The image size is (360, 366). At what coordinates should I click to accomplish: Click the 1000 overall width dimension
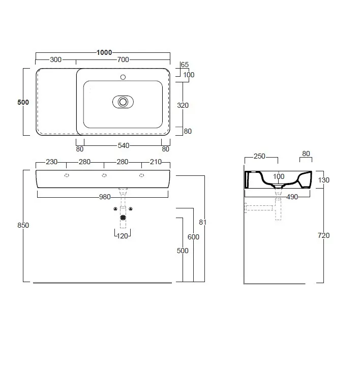tap(104, 52)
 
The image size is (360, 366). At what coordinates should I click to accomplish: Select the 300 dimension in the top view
tap(55, 60)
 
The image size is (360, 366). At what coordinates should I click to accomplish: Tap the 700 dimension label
tap(123, 60)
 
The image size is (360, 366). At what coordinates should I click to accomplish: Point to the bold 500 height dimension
tap(23, 102)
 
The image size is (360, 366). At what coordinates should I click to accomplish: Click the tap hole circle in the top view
tap(123, 77)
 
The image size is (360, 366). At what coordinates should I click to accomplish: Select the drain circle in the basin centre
tap(123, 102)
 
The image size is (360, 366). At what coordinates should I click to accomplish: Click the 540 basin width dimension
tap(123, 146)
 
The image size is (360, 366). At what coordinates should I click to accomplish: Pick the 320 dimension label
tap(183, 106)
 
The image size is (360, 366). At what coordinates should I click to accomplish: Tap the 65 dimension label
tap(185, 65)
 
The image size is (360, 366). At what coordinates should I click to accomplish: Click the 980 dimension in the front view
tap(105, 197)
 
